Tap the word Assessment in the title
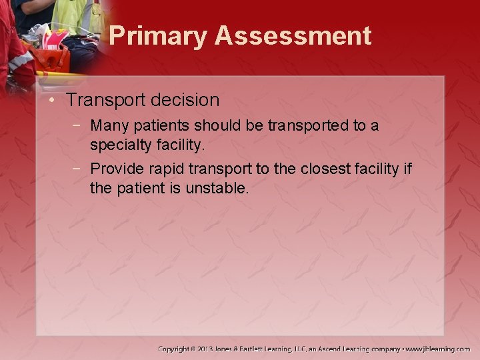coord(293,36)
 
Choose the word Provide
coord(114,169)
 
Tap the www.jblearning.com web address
coord(438,349)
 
